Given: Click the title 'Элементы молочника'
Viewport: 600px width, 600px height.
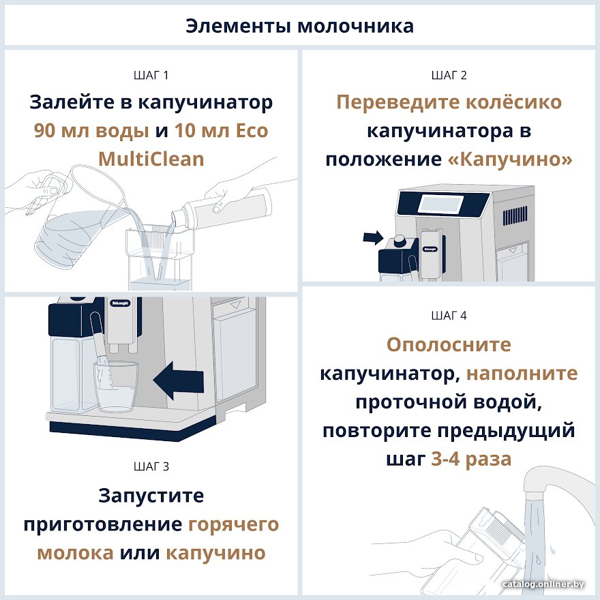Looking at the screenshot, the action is tap(299, 27).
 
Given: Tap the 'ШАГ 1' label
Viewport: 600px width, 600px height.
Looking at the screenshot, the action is tap(151, 76).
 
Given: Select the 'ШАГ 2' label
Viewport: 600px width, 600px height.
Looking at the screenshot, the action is tap(449, 76).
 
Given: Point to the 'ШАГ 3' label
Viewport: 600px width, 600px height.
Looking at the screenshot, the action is tap(151, 466).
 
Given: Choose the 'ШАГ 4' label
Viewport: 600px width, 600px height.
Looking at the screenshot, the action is tap(449, 316).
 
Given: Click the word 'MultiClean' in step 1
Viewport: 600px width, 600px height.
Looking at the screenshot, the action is tap(151, 159).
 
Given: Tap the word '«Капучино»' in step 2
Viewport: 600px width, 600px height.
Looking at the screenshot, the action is tap(510, 160).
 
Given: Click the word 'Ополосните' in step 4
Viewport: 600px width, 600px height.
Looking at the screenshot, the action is tap(449, 344).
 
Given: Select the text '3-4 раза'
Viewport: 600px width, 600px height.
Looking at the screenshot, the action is tap(471, 459).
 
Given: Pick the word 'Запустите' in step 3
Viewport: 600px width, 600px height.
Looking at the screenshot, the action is tap(151, 496).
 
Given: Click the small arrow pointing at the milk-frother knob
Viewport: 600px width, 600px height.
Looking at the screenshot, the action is tap(373, 238).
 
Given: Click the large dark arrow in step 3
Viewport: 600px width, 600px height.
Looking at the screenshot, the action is tap(179, 380).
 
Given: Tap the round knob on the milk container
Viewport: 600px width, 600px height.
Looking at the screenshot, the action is tap(400, 241).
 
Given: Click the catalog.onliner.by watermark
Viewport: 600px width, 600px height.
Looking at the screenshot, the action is tap(543, 584).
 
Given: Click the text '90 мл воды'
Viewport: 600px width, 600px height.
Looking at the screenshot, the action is tap(91, 131).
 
